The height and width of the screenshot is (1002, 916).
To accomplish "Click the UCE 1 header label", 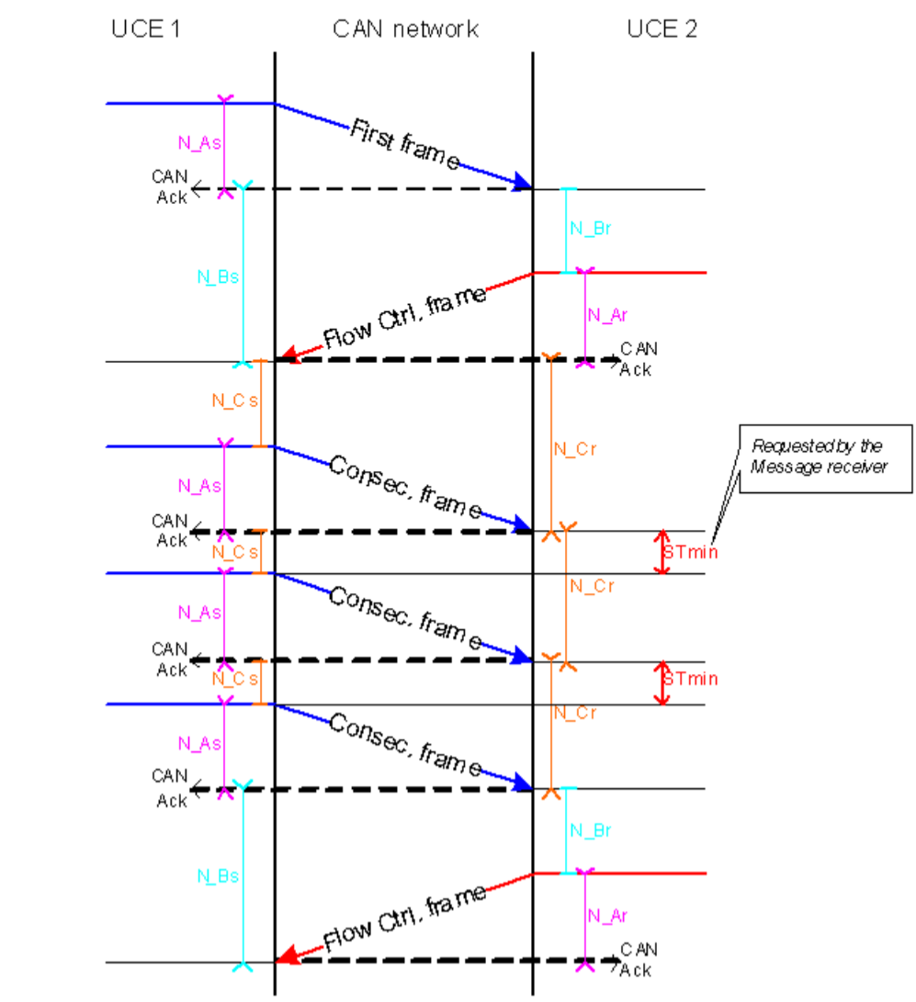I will (144, 29).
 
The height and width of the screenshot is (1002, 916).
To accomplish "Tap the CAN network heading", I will (405, 29).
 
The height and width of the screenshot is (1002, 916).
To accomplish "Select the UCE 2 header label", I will (662, 29).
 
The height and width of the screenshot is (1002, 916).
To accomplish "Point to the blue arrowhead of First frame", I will (522, 183).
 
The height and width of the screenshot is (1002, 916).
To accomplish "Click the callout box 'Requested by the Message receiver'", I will (817, 456).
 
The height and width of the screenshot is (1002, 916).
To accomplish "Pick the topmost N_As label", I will (199, 142).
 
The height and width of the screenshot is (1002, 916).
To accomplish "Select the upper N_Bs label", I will (218, 275).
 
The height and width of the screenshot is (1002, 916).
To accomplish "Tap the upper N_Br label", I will (591, 231).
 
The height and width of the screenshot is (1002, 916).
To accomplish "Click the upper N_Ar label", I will (607, 315).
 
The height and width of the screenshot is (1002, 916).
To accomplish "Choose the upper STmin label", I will (690, 552).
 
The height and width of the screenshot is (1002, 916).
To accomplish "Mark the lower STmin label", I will (690, 681).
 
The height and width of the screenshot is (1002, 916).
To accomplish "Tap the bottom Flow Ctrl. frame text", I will (404, 919).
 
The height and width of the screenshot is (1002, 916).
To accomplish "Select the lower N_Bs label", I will (218, 875).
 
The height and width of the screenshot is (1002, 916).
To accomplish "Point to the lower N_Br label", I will (591, 830).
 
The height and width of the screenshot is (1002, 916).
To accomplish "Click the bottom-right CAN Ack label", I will (638, 959).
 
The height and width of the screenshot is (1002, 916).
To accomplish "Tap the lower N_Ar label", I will (607, 915).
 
